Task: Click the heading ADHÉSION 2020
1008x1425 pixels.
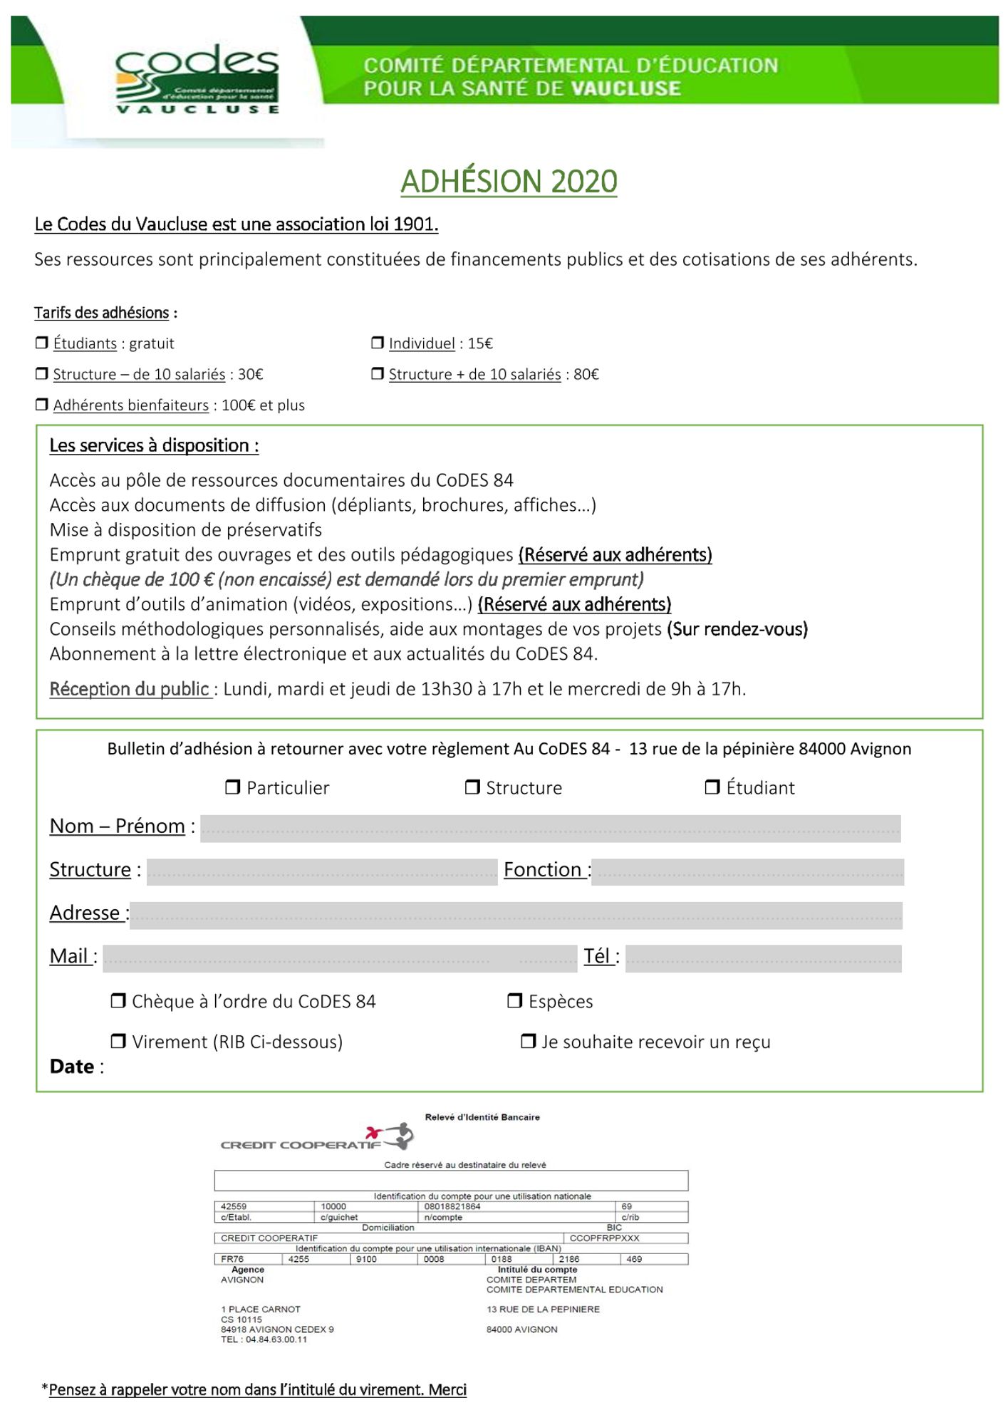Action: (x=509, y=181)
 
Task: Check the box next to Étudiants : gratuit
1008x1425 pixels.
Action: (x=42, y=343)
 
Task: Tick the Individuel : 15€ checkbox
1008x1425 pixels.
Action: (x=378, y=343)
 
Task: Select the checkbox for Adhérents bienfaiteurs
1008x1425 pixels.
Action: (x=42, y=405)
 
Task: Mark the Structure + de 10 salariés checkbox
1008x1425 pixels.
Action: (x=378, y=373)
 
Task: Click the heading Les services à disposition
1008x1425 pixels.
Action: (x=154, y=445)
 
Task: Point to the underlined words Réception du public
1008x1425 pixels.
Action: (x=130, y=689)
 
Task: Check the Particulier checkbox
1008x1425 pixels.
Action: (x=232, y=787)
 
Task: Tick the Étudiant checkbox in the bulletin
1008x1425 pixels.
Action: (x=712, y=787)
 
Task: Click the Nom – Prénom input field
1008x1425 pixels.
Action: (x=550, y=829)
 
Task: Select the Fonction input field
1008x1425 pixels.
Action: (x=747, y=872)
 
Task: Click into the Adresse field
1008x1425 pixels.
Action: (x=516, y=916)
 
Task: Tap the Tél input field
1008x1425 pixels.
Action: (x=763, y=958)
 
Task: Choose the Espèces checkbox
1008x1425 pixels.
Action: (x=514, y=1000)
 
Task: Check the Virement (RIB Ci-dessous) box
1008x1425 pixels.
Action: (x=118, y=1041)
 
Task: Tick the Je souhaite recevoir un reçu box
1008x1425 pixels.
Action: (x=528, y=1041)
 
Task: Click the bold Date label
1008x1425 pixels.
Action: (x=72, y=1067)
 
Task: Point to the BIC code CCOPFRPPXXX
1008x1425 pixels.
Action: (x=604, y=1238)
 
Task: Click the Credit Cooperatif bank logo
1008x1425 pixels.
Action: (x=317, y=1138)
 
